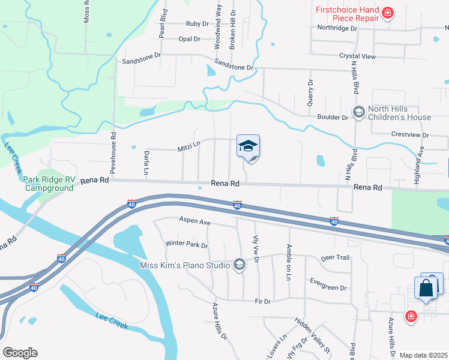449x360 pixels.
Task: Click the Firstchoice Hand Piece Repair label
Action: [348, 14]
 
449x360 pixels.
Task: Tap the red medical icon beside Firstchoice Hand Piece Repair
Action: [388, 12]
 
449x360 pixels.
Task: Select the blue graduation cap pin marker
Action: [248, 146]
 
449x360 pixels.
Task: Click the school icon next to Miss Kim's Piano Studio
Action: [240, 265]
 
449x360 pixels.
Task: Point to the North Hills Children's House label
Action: [399, 113]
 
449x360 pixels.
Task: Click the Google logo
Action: [19, 353]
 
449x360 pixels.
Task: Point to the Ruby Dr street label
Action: [197, 24]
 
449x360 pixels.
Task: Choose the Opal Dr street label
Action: [189, 39]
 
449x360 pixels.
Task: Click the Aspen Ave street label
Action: [194, 222]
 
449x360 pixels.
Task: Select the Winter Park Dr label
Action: [186, 245]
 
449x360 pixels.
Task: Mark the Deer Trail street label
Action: [335, 257]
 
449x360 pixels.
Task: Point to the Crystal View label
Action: [357, 56]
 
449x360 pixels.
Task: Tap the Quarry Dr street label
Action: [310, 93]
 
